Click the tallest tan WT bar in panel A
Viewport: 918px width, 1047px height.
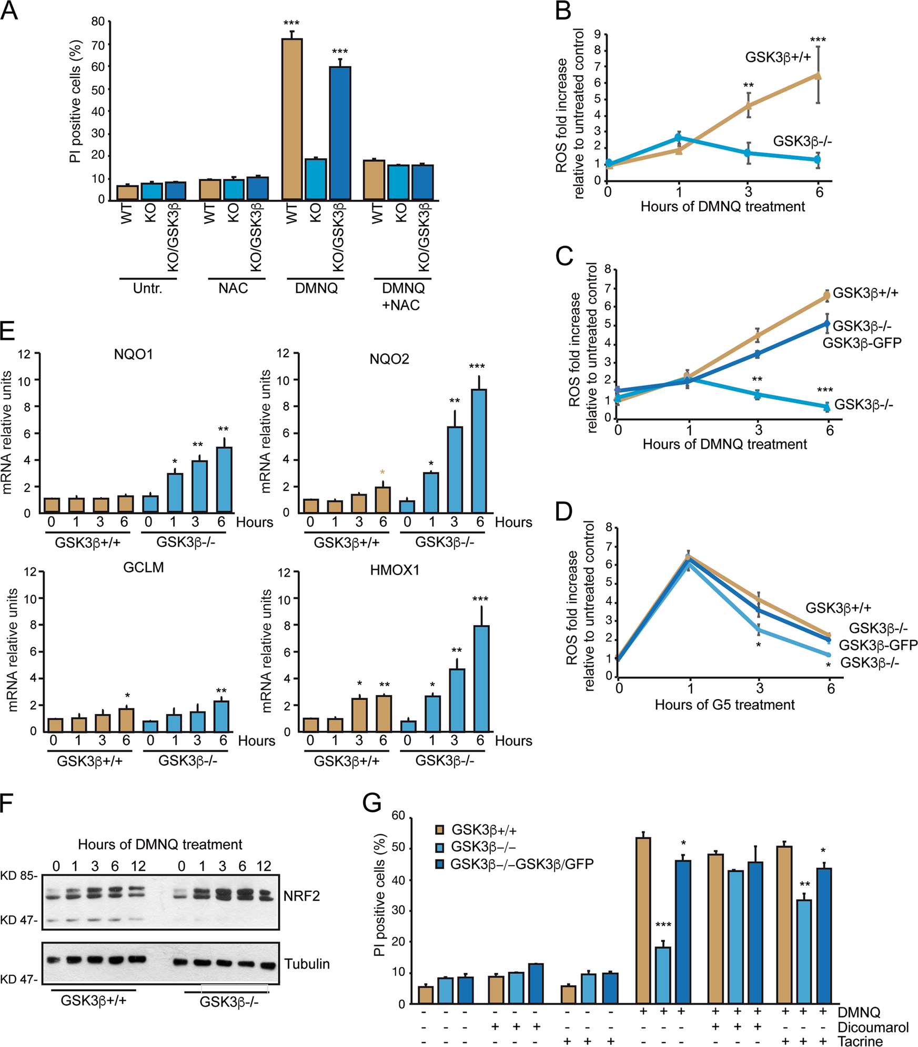292,119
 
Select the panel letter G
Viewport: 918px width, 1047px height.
372,803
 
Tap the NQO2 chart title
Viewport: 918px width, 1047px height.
389,359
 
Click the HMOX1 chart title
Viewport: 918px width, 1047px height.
395,570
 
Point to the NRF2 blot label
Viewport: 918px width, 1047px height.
301,895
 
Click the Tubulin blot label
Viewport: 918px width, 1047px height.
307,964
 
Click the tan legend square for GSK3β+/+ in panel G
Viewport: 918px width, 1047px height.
440,830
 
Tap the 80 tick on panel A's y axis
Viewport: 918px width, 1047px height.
98,22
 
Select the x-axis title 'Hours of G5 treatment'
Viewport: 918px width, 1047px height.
724,704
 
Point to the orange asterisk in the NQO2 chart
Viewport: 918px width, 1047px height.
382,472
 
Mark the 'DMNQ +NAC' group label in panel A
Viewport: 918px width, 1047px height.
403,296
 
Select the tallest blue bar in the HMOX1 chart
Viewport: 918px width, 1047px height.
481,678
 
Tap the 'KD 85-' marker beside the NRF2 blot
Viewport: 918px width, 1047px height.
19,875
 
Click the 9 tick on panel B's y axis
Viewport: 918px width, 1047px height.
598,35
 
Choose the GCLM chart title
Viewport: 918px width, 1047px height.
144,567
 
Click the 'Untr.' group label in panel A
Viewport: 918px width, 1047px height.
148,288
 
